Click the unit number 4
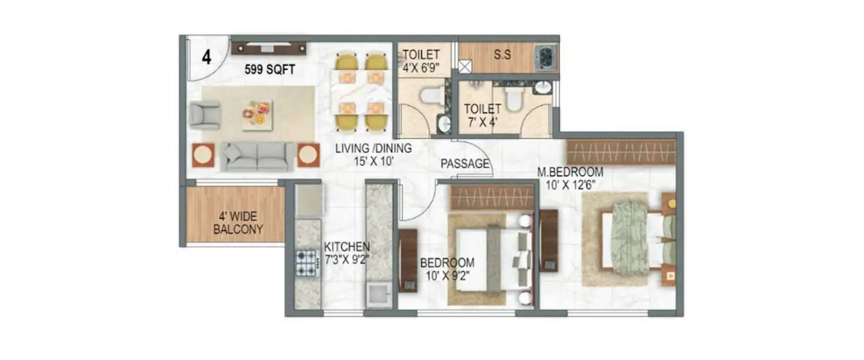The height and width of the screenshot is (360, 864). (x=206, y=58)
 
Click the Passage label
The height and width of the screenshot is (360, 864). (x=465, y=164)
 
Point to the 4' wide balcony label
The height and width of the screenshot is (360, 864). (x=238, y=223)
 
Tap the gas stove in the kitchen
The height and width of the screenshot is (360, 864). (x=306, y=263)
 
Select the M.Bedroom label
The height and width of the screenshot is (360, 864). (x=570, y=172)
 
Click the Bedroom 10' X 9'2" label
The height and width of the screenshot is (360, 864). (x=447, y=268)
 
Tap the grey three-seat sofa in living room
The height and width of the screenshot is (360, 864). (x=257, y=156)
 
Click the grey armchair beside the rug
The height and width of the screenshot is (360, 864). (x=204, y=115)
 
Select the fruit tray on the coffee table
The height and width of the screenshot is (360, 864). (x=257, y=112)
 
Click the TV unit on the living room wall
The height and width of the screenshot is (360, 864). (x=268, y=47)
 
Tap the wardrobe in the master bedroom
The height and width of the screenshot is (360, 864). (x=620, y=152)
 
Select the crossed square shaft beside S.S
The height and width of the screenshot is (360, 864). (x=464, y=66)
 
